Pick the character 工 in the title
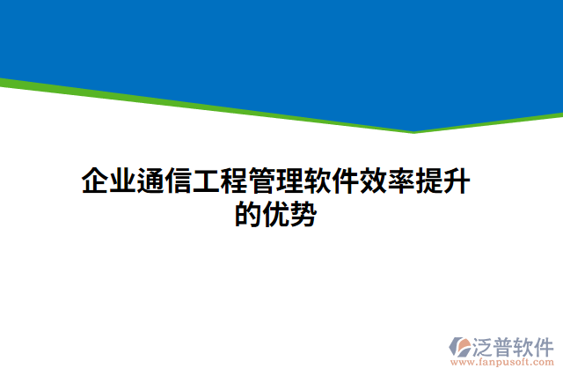click(206, 183)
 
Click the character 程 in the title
click(234, 183)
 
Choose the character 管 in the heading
click(261, 183)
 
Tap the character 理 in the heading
click(289, 183)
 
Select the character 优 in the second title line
click(275, 213)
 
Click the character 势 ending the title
click(303, 213)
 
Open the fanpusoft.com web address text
click(502, 361)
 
